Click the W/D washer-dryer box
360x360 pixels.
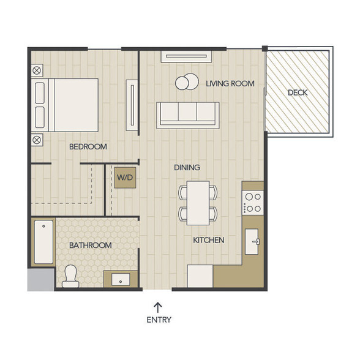point(125,178)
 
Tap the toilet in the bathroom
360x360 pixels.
point(71,276)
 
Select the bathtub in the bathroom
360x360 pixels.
point(43,242)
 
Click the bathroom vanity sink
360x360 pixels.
point(121,279)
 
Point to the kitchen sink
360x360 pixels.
point(252,241)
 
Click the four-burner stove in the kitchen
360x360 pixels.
point(253,203)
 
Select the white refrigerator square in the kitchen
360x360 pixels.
point(200,276)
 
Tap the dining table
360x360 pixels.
point(198,203)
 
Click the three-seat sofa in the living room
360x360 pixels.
point(188,115)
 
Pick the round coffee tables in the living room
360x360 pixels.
point(187,82)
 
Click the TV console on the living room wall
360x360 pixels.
point(186,56)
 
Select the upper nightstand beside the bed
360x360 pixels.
point(37,70)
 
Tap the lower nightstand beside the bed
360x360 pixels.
point(37,140)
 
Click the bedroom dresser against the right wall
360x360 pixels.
point(132,105)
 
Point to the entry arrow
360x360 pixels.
point(158,307)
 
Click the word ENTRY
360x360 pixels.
point(159,320)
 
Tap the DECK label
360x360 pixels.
point(298,92)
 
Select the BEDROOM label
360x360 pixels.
point(88,147)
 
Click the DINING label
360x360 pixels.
point(187,168)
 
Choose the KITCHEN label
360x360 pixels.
point(209,240)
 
